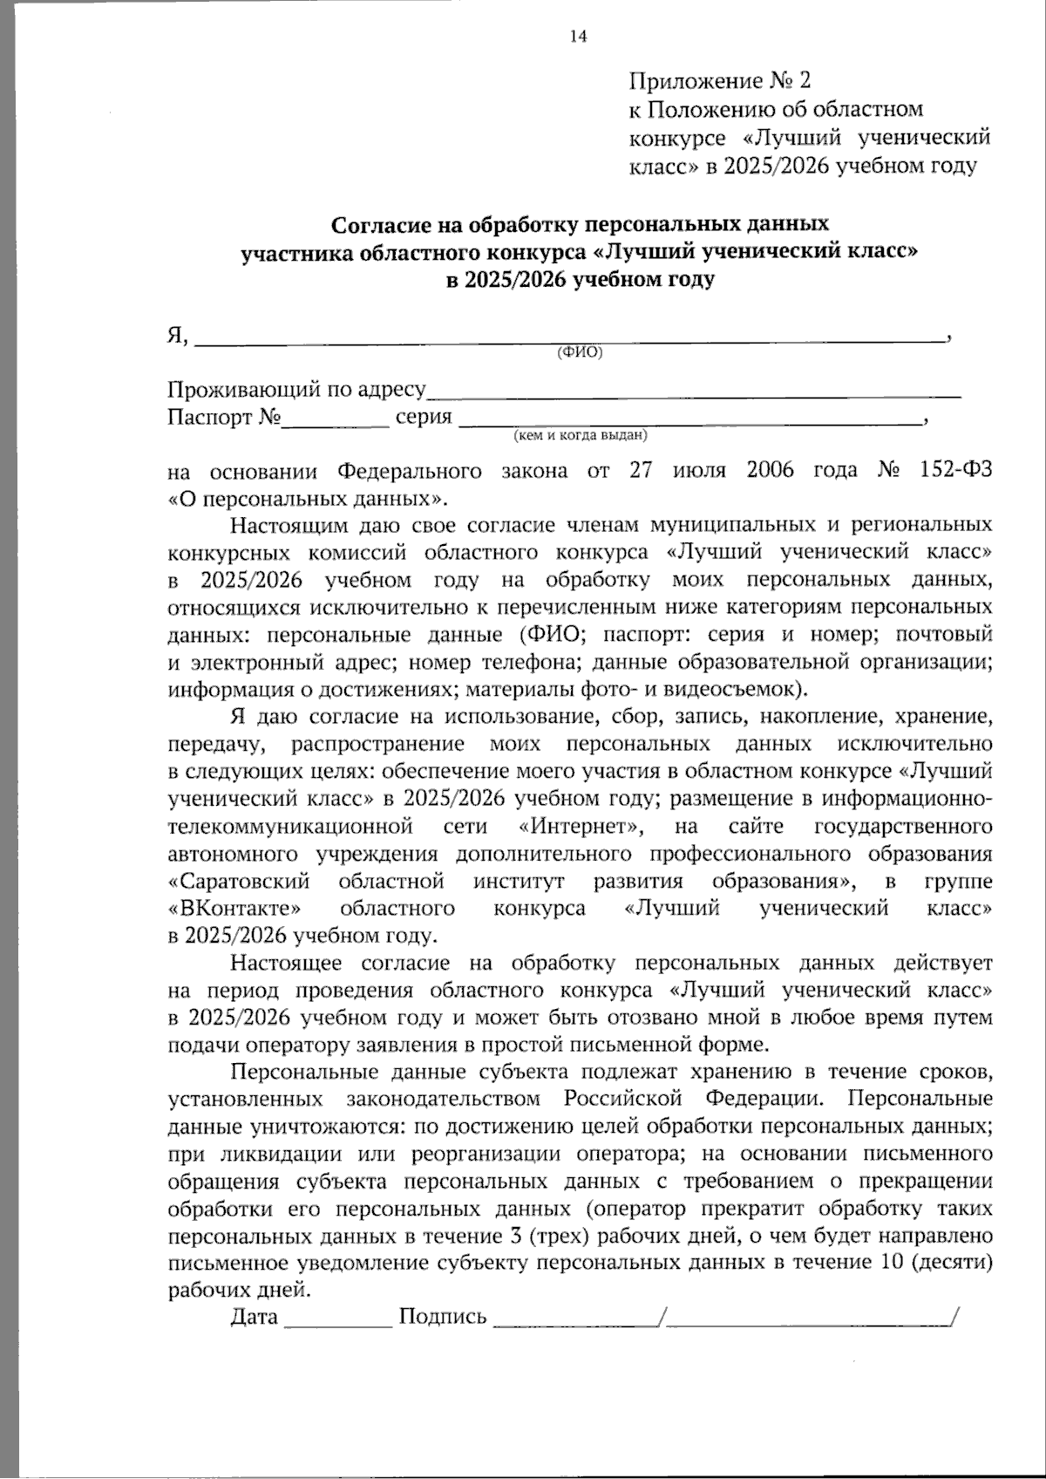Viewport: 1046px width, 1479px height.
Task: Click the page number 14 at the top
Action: coord(577,36)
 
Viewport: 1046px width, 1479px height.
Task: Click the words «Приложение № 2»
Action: coord(719,81)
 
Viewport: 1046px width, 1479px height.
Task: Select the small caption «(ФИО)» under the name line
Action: coord(580,351)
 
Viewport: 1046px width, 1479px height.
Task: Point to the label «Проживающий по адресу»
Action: coord(295,389)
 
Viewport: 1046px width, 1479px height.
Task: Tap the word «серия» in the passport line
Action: coord(424,417)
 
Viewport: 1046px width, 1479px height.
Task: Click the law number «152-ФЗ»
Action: coord(955,471)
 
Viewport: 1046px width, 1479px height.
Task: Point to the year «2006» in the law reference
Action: coord(771,471)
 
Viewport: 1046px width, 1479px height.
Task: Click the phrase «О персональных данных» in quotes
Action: coord(306,499)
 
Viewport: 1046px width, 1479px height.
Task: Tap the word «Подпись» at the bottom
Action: coord(442,1317)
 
